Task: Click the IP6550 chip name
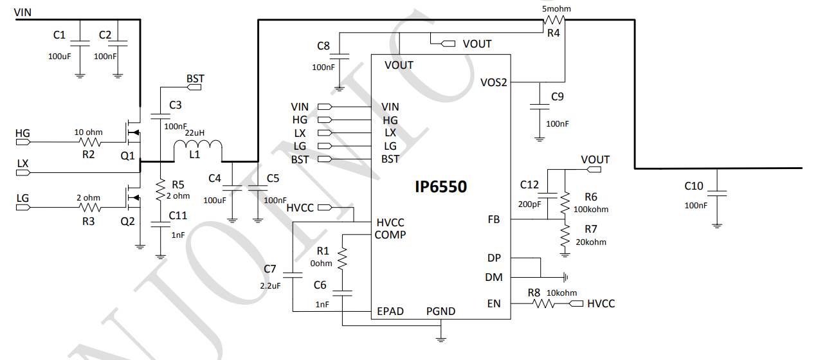[440, 187]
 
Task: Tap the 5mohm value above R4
[556, 8]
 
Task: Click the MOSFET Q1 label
[127, 156]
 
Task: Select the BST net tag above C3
[194, 79]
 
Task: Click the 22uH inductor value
[195, 132]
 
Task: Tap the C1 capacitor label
[60, 35]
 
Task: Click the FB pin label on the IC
[494, 220]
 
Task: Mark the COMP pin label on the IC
[390, 235]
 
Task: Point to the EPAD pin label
[390, 312]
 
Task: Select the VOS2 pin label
[494, 82]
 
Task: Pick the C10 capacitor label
[694, 186]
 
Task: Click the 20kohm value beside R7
[592, 242]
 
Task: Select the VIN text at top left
[23, 12]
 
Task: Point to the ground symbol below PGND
[441, 336]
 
